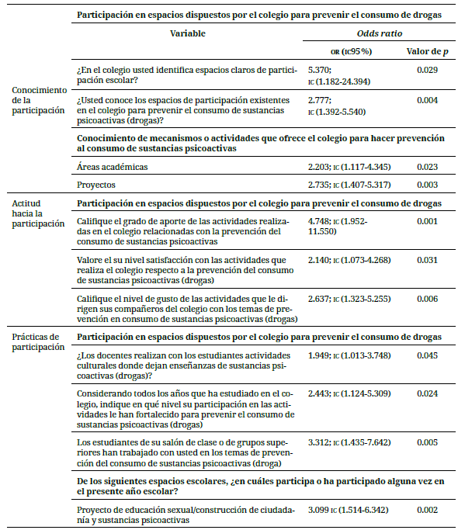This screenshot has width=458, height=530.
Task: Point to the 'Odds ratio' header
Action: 378,34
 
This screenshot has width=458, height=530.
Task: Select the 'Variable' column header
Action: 189,34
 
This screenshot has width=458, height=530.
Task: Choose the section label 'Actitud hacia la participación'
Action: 38,213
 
